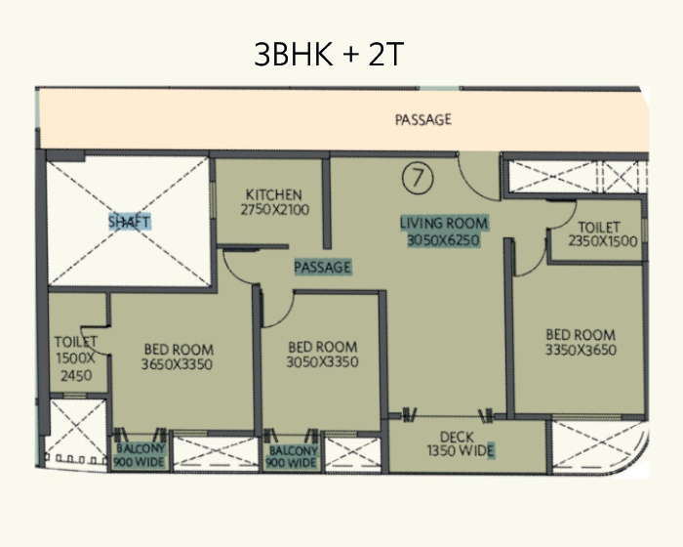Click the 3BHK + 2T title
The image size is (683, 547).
(329, 54)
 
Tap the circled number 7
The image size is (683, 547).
(418, 178)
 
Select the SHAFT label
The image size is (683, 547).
(130, 222)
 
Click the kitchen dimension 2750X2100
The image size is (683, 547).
(275, 209)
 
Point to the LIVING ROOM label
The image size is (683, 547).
(444, 224)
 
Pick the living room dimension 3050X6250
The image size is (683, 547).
(443, 240)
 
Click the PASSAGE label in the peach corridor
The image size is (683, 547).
(422, 119)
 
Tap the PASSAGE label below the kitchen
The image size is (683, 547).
(323, 267)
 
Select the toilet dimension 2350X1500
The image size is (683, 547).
(603, 241)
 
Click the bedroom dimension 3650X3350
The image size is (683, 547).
(177, 364)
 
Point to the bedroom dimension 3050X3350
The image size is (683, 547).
(322, 362)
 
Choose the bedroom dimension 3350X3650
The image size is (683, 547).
(581, 350)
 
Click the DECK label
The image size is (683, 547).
(457, 437)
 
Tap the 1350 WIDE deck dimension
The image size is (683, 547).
(461, 450)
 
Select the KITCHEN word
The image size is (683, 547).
(274, 194)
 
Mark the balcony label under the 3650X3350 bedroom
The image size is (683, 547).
(140, 455)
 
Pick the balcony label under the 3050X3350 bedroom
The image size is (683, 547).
(292, 456)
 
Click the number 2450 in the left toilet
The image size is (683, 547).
(76, 375)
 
